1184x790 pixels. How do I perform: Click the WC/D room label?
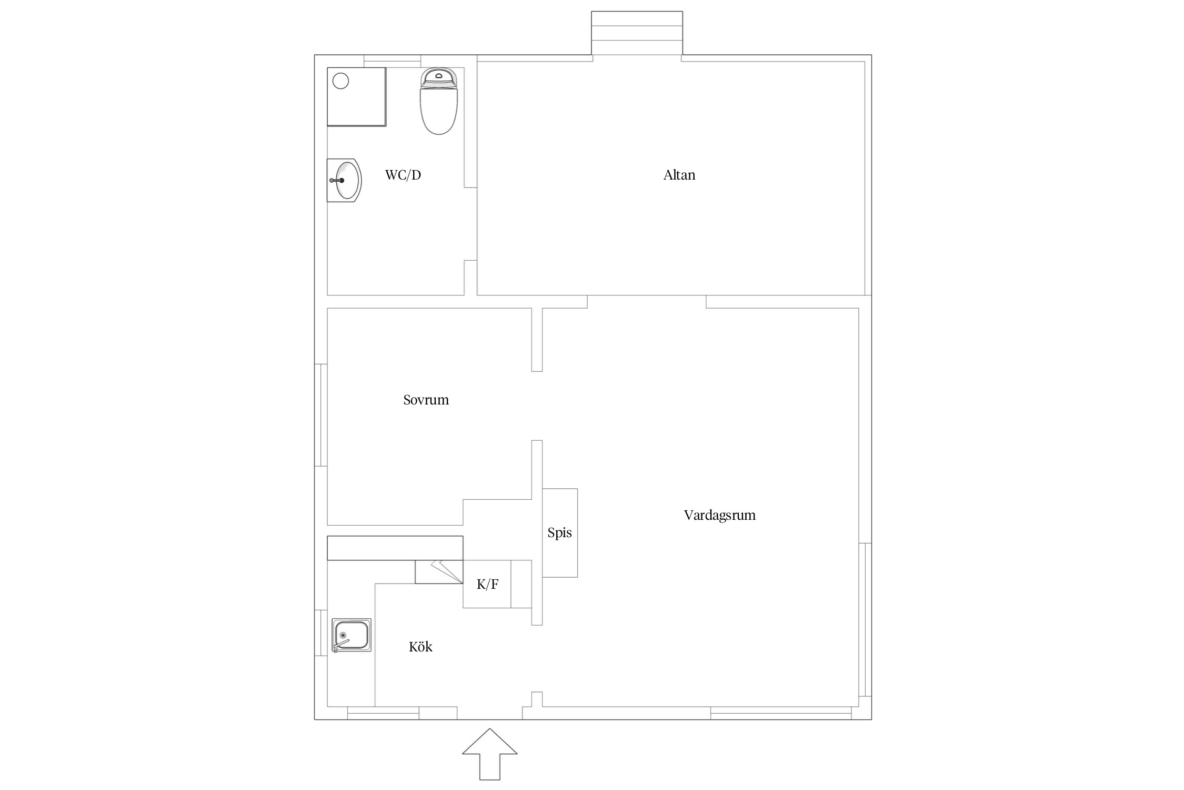click(x=403, y=175)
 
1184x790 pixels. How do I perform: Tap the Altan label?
click(x=679, y=175)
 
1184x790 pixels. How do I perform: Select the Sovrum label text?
click(x=426, y=400)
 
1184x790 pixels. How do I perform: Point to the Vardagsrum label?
click(x=719, y=515)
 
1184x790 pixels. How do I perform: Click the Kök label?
click(x=420, y=646)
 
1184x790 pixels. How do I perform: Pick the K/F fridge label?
click(x=487, y=584)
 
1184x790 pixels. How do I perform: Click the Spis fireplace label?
click(x=559, y=532)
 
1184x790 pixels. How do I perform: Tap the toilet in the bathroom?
click(x=439, y=101)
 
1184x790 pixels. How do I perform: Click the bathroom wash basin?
click(x=344, y=180)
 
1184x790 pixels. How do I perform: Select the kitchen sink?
click(x=352, y=636)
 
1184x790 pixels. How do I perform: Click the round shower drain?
click(x=341, y=81)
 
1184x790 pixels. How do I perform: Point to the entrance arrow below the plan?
click(x=489, y=754)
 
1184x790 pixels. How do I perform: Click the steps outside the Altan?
click(x=637, y=33)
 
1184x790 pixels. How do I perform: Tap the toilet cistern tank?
click(x=439, y=77)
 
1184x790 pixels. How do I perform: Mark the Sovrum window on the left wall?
click(x=321, y=415)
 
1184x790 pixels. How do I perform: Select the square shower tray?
click(x=357, y=97)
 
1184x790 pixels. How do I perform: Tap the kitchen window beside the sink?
click(x=321, y=633)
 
